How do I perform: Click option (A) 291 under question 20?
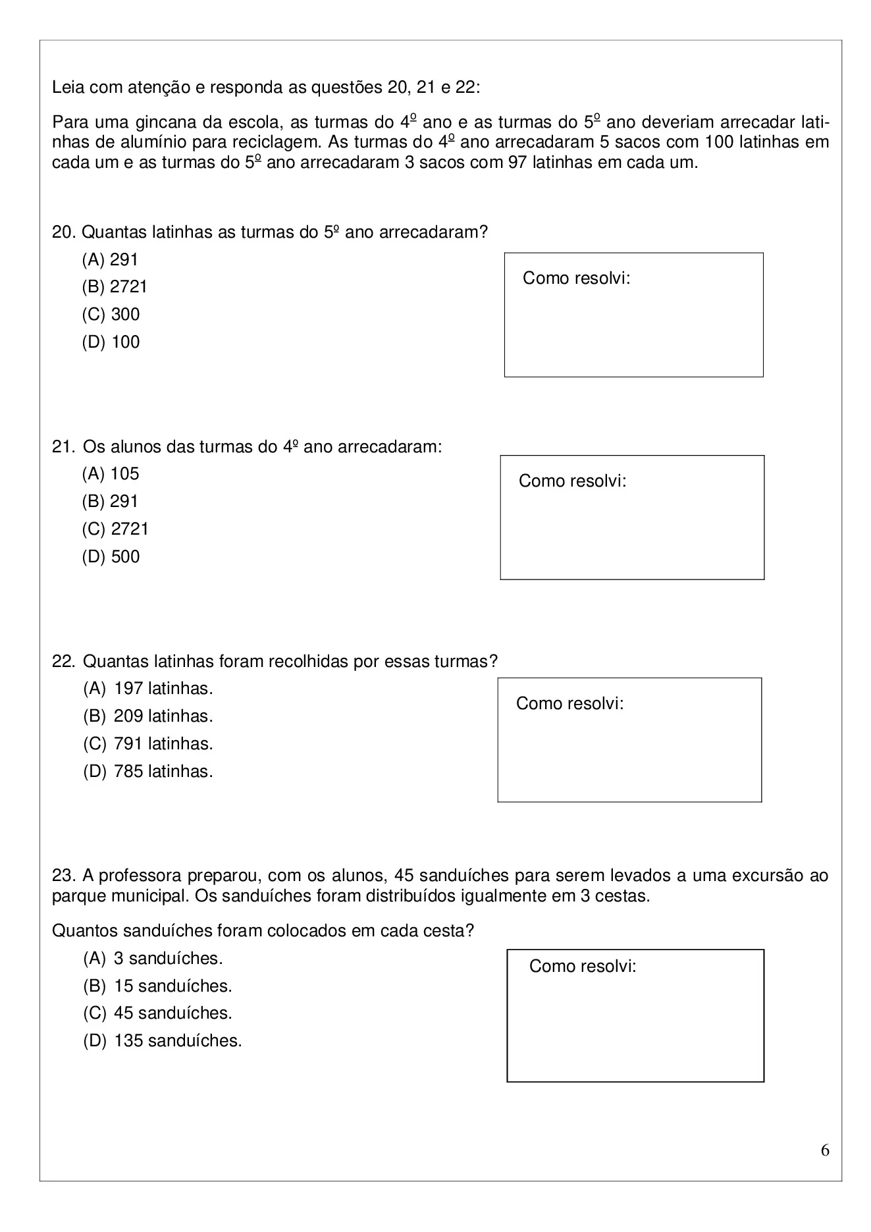tap(110, 259)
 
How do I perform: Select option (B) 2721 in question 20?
tap(115, 287)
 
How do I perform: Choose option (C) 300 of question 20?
tap(111, 315)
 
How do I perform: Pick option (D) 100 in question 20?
tap(111, 342)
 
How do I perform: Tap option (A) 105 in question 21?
tap(111, 474)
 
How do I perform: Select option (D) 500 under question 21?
tap(111, 557)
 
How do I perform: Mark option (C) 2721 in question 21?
tap(115, 529)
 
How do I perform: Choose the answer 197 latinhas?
tap(148, 689)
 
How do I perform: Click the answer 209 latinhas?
tap(148, 716)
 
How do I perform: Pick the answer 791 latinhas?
tap(148, 744)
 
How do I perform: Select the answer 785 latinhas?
tap(148, 772)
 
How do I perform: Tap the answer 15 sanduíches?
tap(157, 986)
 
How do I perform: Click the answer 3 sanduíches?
tap(153, 959)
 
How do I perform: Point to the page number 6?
tap(825, 1151)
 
